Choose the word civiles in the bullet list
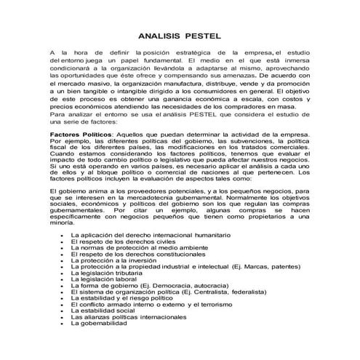(155, 244)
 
